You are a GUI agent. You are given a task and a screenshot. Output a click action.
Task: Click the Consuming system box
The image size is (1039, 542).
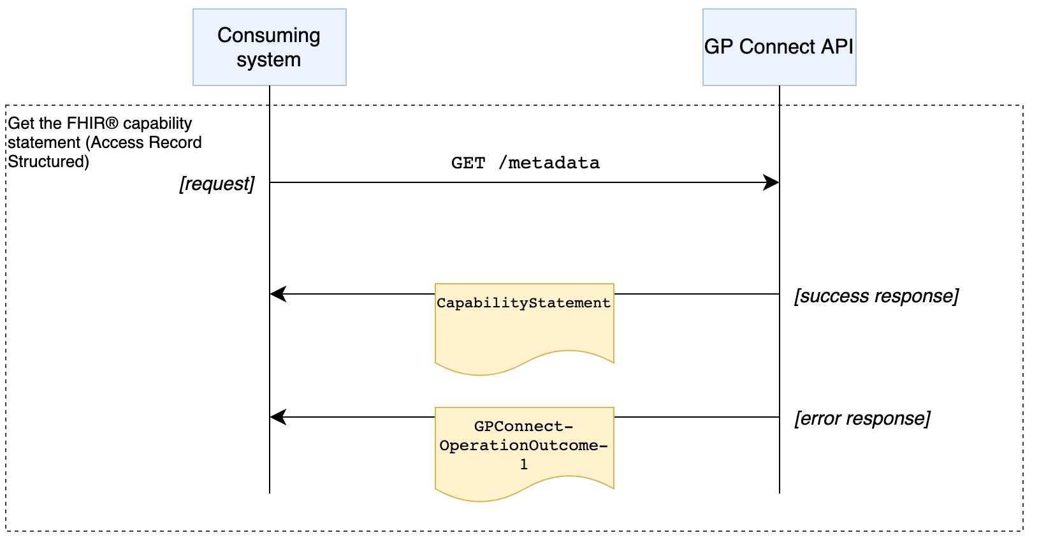pyautogui.click(x=269, y=47)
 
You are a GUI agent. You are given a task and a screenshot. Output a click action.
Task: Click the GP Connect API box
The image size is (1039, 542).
pyautogui.click(x=779, y=47)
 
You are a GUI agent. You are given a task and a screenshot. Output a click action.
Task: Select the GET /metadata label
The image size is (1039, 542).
pyautogui.click(x=525, y=163)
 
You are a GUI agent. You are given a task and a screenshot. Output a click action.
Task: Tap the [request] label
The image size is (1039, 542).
pyautogui.click(x=217, y=184)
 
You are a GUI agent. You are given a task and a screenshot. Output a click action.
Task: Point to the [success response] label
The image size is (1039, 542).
pyautogui.click(x=876, y=296)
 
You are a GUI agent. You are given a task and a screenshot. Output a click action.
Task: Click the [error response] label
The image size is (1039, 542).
pyautogui.click(x=862, y=418)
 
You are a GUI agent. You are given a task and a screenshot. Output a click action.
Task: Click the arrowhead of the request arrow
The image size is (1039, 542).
pyautogui.click(x=773, y=182)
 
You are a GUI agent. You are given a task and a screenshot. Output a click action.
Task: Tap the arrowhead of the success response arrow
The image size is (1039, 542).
pyautogui.click(x=277, y=294)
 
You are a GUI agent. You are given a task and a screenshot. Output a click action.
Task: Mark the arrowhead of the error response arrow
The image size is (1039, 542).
pyautogui.click(x=277, y=417)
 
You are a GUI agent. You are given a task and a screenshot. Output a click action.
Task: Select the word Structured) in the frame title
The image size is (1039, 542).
pyautogui.click(x=48, y=161)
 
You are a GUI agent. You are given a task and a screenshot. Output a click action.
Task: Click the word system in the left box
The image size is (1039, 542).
pyautogui.click(x=268, y=60)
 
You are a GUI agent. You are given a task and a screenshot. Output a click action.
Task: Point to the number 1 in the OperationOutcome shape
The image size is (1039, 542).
pyautogui.click(x=524, y=465)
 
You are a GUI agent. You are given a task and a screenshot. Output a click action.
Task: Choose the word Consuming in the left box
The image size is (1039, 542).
pyautogui.click(x=268, y=35)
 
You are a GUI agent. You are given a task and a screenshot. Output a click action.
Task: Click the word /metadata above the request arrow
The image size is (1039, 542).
pyautogui.click(x=549, y=163)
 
